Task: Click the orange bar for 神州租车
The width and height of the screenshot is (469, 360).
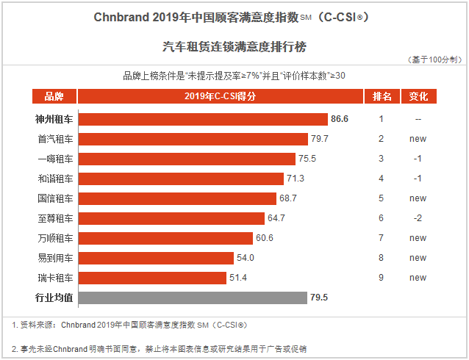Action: [203, 118]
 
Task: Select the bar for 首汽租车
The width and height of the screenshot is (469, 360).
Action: [193, 138]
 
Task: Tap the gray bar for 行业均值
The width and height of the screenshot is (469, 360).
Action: [193, 298]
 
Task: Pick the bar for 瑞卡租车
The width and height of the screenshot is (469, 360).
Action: [152, 278]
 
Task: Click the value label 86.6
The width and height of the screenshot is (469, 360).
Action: [340, 118]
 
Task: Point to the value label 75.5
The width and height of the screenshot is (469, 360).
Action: [307, 159]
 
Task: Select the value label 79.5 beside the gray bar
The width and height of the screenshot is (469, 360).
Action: [319, 298]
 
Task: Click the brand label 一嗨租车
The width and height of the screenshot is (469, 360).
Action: [55, 159]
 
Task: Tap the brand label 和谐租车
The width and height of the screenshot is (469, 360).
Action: [55, 179]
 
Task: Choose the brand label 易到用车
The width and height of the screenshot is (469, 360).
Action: [55, 258]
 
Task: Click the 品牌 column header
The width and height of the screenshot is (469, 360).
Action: [54, 96]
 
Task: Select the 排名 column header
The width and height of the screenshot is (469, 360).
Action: [382, 96]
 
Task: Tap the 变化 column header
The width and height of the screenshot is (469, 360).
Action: [418, 96]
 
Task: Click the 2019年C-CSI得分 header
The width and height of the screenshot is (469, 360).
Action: [220, 96]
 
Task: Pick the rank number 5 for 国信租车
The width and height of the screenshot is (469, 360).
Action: [382, 198]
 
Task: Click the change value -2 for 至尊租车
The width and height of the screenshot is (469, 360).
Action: [418, 218]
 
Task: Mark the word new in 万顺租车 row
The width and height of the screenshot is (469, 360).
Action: [418, 238]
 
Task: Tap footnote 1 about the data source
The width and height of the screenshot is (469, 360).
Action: [129, 324]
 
